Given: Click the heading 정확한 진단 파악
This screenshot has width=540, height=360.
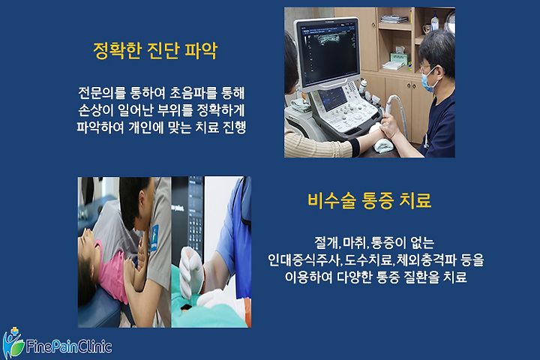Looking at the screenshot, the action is [x=155, y=51].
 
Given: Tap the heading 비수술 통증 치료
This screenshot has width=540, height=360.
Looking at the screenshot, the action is [x=370, y=200].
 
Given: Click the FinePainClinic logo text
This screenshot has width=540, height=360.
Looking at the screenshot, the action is [x=69, y=346].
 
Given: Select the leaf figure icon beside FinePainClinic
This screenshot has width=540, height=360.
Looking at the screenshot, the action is [x=13, y=343].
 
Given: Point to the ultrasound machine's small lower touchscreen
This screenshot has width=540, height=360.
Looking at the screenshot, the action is [x=331, y=97].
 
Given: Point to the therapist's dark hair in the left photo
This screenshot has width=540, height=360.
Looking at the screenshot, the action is [x=133, y=199].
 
